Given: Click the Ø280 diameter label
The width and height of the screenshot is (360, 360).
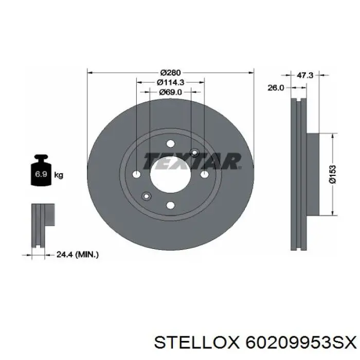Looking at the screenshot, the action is (171, 73).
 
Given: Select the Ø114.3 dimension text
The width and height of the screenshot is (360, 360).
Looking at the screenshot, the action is (171, 82).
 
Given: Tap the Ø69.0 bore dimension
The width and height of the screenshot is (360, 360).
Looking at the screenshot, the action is (170, 92).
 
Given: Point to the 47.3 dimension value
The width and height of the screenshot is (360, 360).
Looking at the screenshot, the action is (305, 75).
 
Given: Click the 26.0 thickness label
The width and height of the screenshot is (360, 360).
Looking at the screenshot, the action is (276, 88).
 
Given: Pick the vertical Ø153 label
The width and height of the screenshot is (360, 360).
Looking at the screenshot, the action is (332, 174).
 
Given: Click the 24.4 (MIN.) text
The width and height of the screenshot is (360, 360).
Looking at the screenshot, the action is (78, 255).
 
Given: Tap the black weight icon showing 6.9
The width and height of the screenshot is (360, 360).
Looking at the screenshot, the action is (41, 170).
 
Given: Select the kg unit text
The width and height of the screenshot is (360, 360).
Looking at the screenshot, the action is (59, 175).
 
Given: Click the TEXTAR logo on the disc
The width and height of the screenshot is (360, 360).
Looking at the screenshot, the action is (192, 161).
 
